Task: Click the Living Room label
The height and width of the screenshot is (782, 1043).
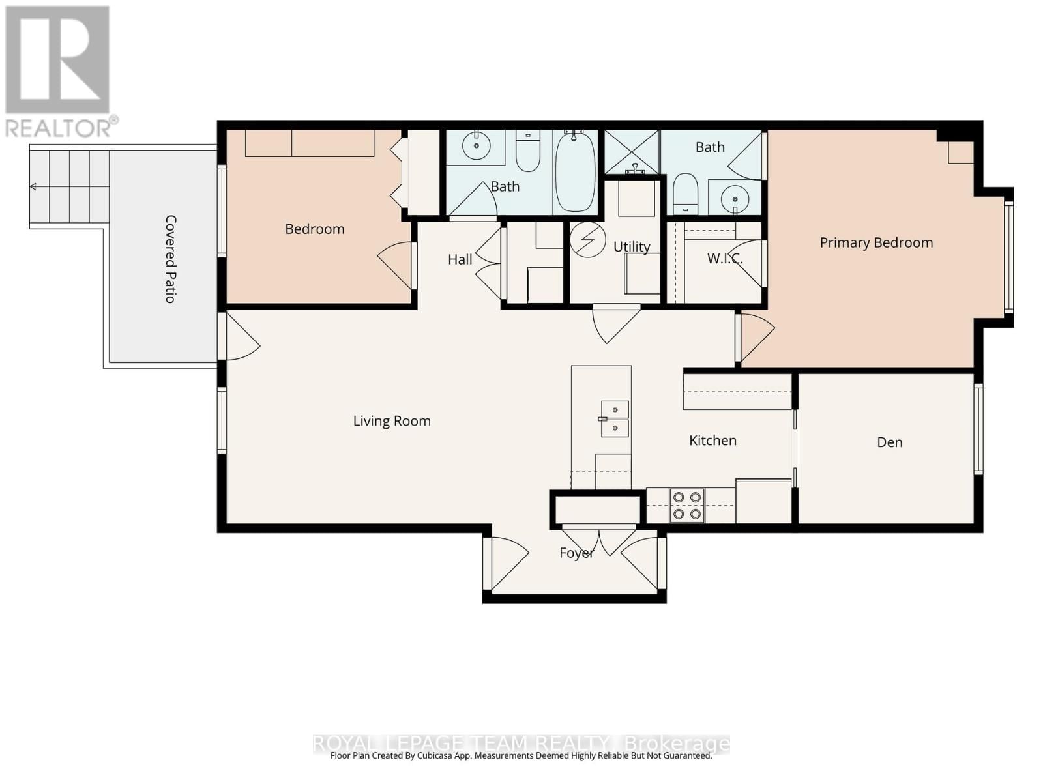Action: [392, 421]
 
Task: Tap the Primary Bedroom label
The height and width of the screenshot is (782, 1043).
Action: [876, 242]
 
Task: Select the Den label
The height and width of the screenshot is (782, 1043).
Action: [890, 442]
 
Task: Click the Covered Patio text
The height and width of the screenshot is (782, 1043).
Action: [170, 259]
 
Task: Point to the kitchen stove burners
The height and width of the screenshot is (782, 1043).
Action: [687, 506]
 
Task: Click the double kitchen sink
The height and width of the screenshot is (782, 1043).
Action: [615, 418]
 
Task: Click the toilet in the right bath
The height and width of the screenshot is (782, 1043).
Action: [685, 193]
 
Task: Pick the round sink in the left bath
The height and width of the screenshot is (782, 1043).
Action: [477, 146]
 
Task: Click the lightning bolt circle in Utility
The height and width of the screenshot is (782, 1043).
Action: [588, 239]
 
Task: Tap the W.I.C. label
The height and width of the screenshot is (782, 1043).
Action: [724, 259]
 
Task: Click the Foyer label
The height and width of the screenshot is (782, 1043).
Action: [577, 553]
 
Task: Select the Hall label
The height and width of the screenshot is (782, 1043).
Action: [460, 259]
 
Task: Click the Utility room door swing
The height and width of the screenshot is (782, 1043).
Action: [615, 322]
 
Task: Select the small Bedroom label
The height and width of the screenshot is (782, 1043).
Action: [315, 229]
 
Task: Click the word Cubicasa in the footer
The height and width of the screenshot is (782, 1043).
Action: [452, 756]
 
